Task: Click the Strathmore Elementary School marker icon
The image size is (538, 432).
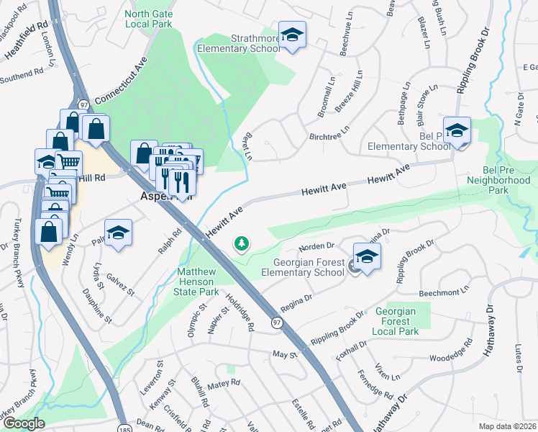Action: coord(292,35)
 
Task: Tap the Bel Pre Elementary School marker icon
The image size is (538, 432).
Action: coord(457,131)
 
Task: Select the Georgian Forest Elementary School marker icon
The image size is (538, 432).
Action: coord(367,257)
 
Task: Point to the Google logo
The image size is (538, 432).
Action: coord(23,423)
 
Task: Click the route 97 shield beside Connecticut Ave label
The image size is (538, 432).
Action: coord(84,104)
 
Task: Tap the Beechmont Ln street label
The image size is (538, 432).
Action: coord(443,293)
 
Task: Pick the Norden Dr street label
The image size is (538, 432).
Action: coord(321,247)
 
